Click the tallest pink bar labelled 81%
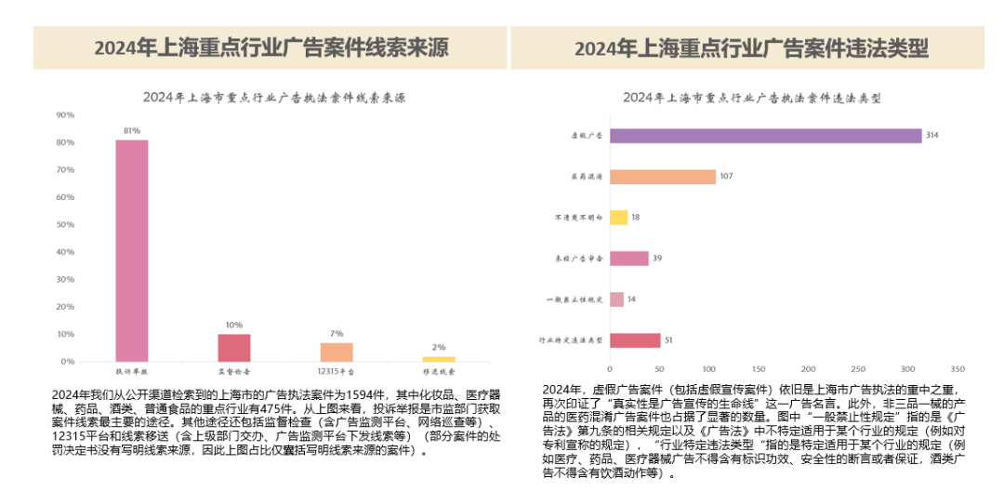(x=132, y=250)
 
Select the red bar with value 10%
(x=234, y=347)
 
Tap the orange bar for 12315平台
(x=337, y=352)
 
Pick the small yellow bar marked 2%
(x=439, y=358)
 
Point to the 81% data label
(x=132, y=130)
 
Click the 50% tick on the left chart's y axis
(x=65, y=224)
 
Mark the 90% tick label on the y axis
(x=65, y=115)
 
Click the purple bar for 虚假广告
(x=765, y=136)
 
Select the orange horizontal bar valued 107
(x=663, y=177)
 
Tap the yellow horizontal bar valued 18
(x=619, y=217)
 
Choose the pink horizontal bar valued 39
(x=629, y=259)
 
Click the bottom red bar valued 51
(x=635, y=340)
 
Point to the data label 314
(x=931, y=136)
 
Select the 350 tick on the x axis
(x=958, y=367)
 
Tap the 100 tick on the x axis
(x=709, y=367)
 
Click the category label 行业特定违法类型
(x=572, y=340)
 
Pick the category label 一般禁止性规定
(x=575, y=299)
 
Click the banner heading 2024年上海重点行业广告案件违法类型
(x=751, y=48)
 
